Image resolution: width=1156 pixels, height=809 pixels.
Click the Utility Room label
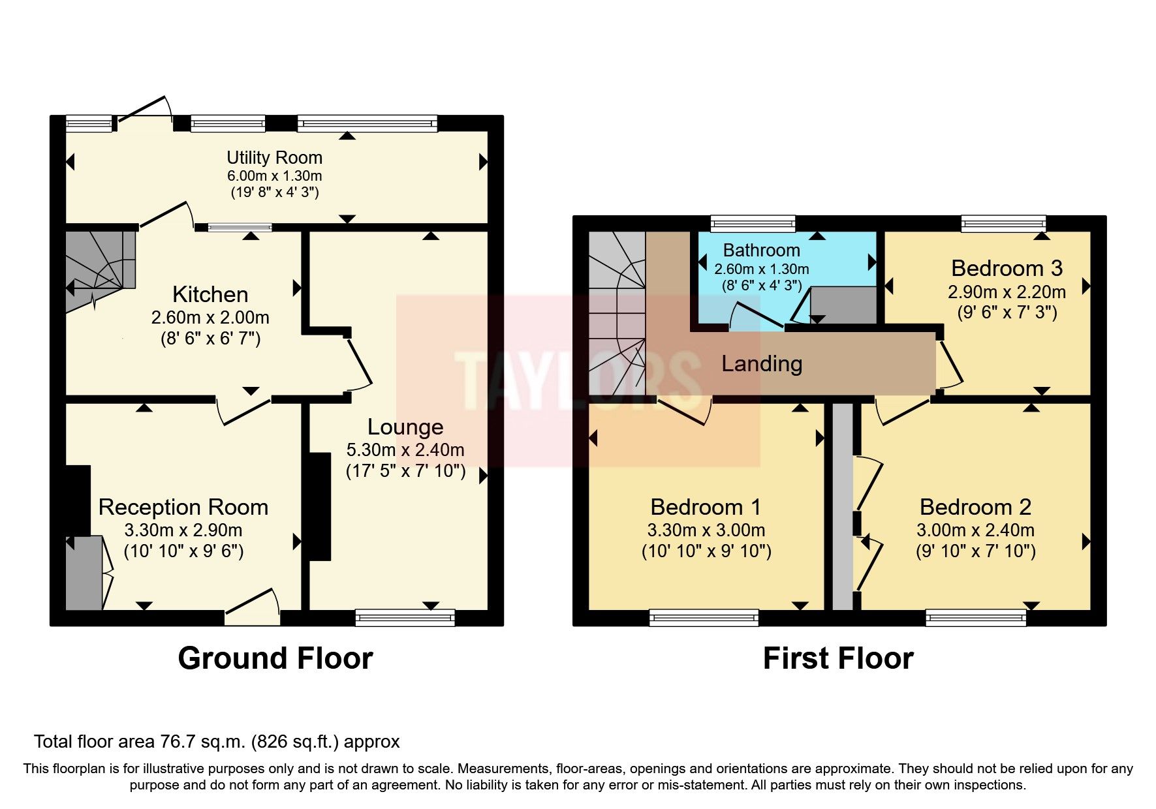click(274, 157)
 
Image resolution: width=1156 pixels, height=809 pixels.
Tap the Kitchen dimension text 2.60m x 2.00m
click(210, 318)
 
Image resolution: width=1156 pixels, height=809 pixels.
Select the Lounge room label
click(405, 427)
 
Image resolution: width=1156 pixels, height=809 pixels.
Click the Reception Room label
click(183, 507)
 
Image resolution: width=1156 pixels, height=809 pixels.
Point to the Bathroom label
click(761, 251)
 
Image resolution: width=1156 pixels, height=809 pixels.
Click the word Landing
click(761, 363)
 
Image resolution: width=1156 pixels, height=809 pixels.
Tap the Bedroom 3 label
click(1007, 268)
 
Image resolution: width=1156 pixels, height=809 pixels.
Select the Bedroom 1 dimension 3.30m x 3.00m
click(706, 530)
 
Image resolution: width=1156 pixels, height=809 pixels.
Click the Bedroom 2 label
click(975, 507)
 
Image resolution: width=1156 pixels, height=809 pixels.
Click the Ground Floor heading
click(275, 658)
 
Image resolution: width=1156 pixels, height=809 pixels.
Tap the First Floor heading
click(837, 658)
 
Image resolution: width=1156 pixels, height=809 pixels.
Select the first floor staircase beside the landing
click(616, 313)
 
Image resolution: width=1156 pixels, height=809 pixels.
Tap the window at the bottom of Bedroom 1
click(704, 617)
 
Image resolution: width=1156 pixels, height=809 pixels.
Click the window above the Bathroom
click(753, 223)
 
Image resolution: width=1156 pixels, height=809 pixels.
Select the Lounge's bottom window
click(405, 617)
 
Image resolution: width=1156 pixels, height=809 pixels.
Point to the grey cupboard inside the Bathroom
click(843, 305)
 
